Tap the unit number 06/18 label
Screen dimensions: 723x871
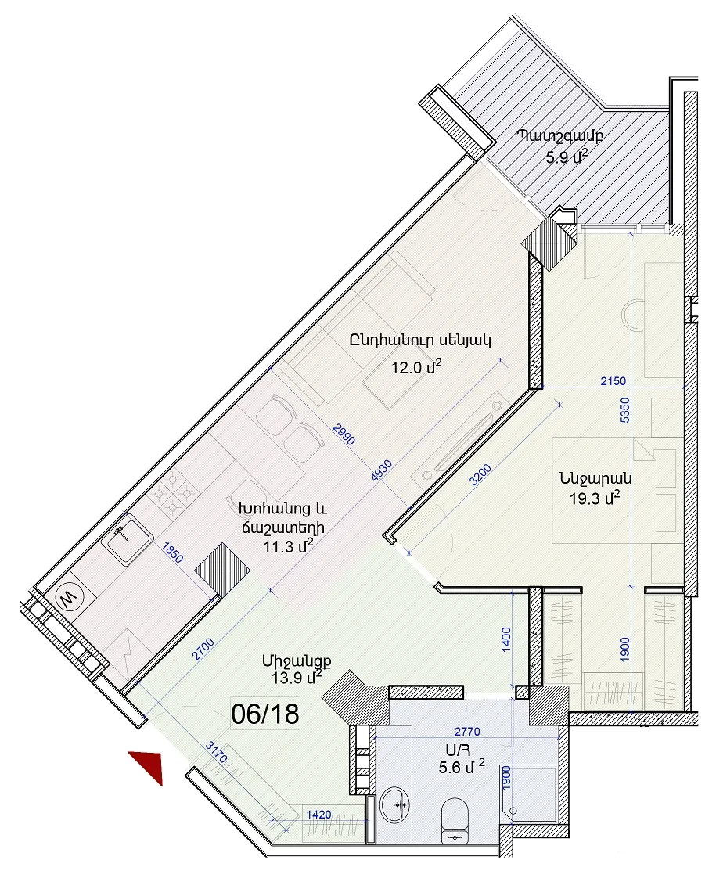coord(265,714)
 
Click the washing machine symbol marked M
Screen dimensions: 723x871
coord(69,598)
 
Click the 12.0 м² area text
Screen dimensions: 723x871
coord(416,367)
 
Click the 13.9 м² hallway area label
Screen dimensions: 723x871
coord(297,678)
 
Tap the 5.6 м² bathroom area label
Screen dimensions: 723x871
coord(462,767)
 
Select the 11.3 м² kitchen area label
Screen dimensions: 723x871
coord(288,546)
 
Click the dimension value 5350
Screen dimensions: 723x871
coord(625,410)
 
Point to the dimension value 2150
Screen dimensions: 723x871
coord(613,381)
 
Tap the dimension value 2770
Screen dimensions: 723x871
coord(467,732)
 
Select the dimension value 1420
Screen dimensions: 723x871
coord(318,815)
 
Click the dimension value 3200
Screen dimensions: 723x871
coord(481,475)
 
